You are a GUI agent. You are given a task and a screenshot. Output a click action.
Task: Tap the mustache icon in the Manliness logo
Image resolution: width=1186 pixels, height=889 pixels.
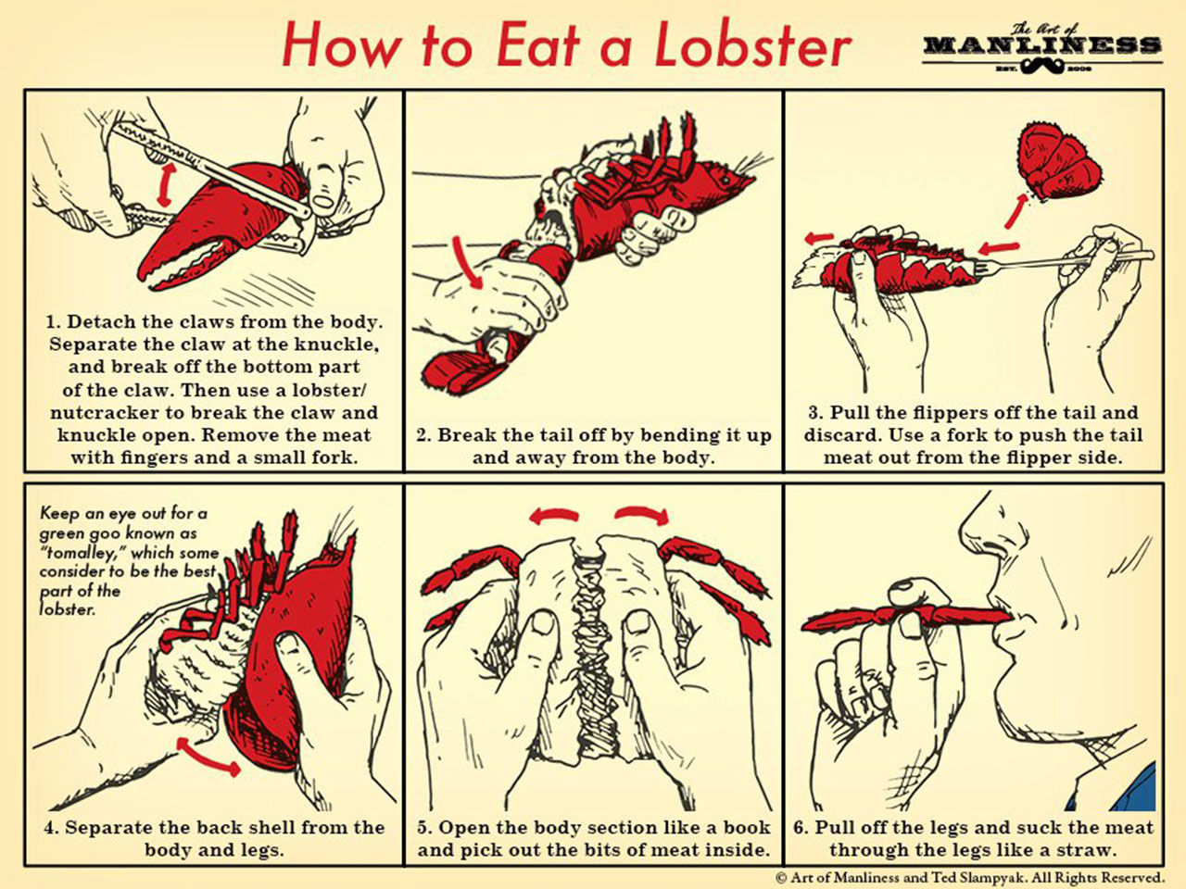coord(1041,68)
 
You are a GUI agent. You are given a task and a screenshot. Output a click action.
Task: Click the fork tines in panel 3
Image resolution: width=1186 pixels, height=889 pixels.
coord(987,267)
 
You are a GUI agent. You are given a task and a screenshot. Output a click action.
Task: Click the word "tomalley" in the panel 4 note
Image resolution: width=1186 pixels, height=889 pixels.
coord(81,554)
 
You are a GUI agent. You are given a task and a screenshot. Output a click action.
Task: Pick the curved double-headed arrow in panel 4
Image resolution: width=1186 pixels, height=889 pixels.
coord(208,758)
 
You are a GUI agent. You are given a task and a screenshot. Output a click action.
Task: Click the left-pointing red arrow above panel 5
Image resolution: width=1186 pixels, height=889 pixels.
coord(554,516)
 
